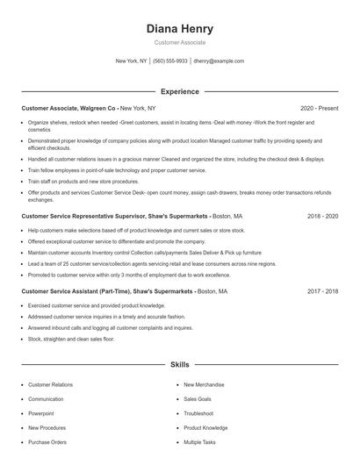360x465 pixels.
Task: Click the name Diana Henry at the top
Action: pos(179,29)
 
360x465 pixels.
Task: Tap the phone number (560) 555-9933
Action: pos(170,61)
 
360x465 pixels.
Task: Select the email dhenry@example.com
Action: pos(219,61)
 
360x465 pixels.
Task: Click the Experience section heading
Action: pos(179,91)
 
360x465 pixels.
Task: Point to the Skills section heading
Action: pos(179,363)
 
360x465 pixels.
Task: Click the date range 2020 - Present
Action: pos(319,108)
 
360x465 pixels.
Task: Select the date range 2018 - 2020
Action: pos(323,215)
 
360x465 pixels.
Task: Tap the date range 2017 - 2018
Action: pos(323,290)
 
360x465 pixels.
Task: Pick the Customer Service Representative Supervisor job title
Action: pos(113,215)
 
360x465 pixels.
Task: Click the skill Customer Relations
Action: pos(50,384)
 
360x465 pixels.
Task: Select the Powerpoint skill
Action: pos(40,412)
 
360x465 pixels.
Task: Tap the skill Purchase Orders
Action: pos(47,442)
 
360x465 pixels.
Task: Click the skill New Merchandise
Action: pos(204,384)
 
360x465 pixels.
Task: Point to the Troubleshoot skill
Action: pos(198,412)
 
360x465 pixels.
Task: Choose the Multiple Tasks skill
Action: pos(199,442)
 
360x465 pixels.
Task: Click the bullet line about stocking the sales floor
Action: pos(71,338)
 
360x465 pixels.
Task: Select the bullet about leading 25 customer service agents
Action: pos(139,262)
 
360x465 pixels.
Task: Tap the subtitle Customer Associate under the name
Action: pos(179,42)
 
